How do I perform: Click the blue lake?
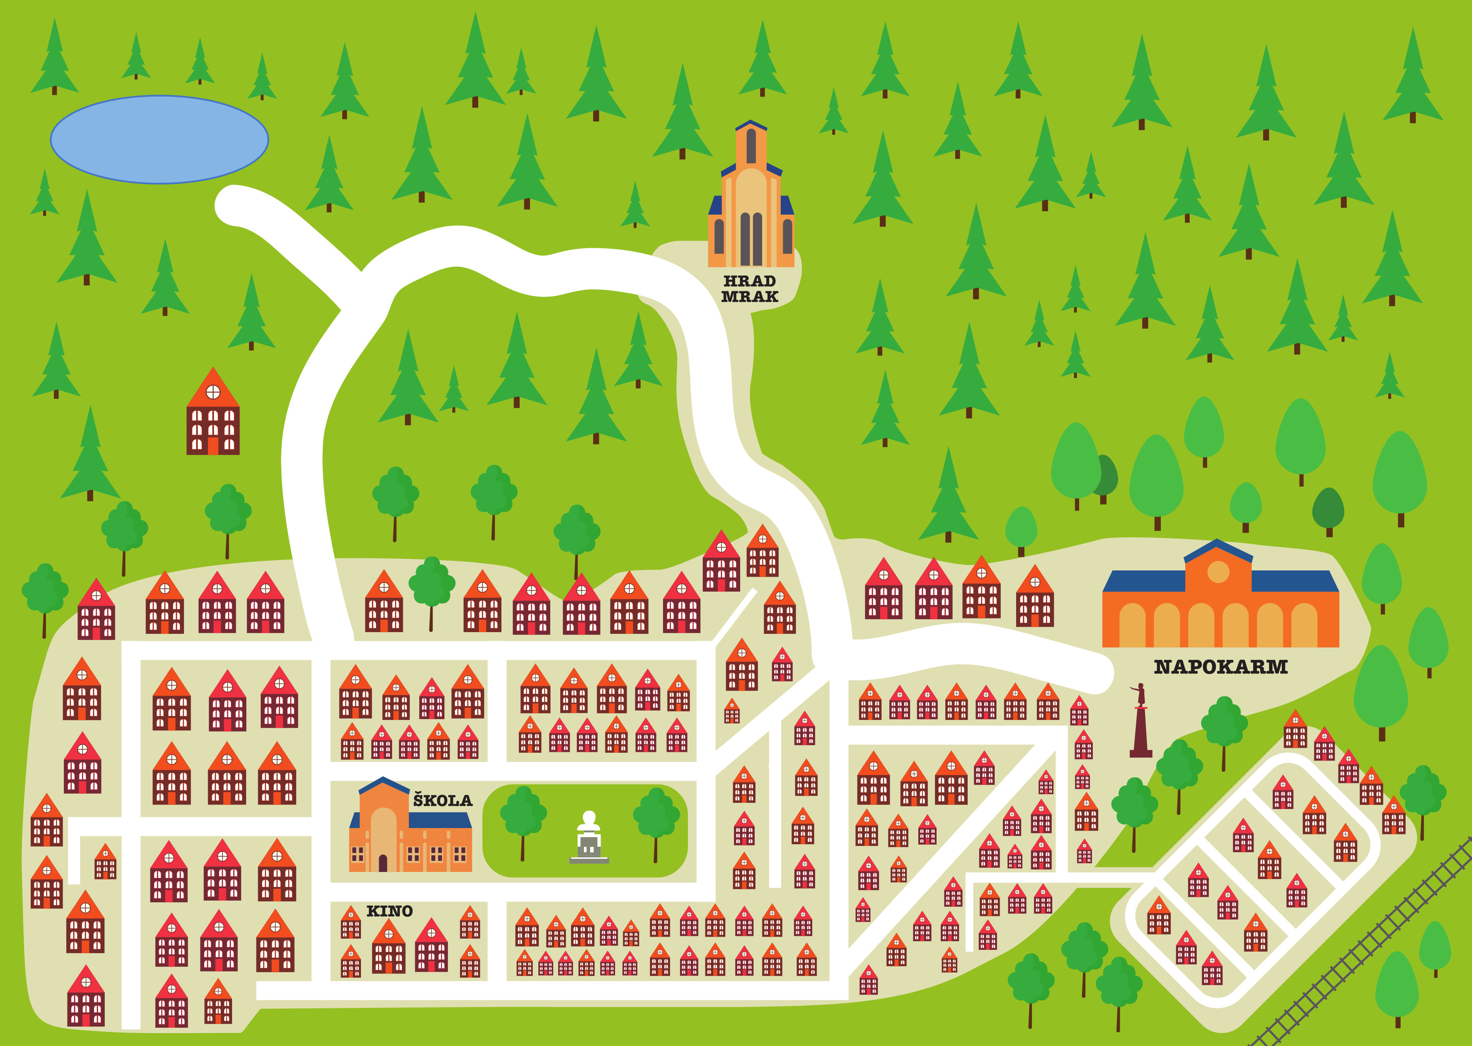tap(159, 139)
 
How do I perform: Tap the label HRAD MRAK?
tap(749, 289)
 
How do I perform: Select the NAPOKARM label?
tap(1220, 667)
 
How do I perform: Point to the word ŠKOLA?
tap(443, 801)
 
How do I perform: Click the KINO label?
tap(389, 911)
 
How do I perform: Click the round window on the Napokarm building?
tap(1218, 572)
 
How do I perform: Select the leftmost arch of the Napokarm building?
tap(1132, 625)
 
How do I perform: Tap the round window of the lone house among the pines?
tap(213, 391)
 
